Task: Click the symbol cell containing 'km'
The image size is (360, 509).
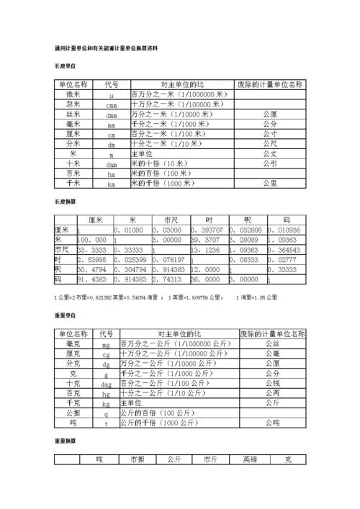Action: [112, 184]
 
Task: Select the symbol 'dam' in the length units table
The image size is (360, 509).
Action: [112, 164]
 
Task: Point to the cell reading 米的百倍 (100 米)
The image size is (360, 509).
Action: [158, 174]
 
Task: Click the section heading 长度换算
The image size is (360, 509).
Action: [66, 202]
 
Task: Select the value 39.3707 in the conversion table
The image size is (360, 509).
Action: [206, 239]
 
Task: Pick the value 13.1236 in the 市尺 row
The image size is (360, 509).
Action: [206, 249]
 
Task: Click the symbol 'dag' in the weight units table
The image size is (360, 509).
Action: [106, 384]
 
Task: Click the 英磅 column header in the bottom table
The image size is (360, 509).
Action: [249, 459]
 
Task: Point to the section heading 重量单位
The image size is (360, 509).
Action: [66, 315]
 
